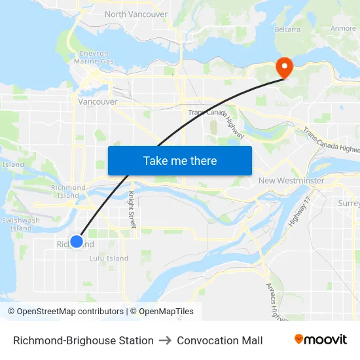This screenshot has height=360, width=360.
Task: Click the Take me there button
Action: pyautogui.click(x=180, y=160)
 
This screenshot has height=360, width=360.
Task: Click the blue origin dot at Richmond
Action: pyautogui.click(x=77, y=242)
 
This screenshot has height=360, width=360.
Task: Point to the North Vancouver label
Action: pyautogui.click(x=135, y=14)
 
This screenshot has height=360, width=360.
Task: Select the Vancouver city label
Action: pyautogui.click(x=97, y=101)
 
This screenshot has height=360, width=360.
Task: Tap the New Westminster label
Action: pyautogui.click(x=291, y=180)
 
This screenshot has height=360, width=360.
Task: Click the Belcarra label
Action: pyautogui.click(x=287, y=29)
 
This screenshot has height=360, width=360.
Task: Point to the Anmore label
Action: pyautogui.click(x=343, y=28)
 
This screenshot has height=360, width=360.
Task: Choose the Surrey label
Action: pyautogui.click(x=349, y=204)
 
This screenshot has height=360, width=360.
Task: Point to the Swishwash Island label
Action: pyautogui.click(x=20, y=225)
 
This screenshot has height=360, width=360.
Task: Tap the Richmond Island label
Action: pyautogui.click(x=68, y=192)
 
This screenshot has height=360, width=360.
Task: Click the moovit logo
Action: pyautogui.click(x=320, y=340)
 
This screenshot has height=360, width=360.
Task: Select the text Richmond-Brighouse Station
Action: pyautogui.click(x=83, y=340)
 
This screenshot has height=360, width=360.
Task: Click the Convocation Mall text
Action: pyautogui.click(x=219, y=340)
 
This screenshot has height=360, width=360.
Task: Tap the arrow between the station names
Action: pyautogui.click(x=165, y=340)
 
